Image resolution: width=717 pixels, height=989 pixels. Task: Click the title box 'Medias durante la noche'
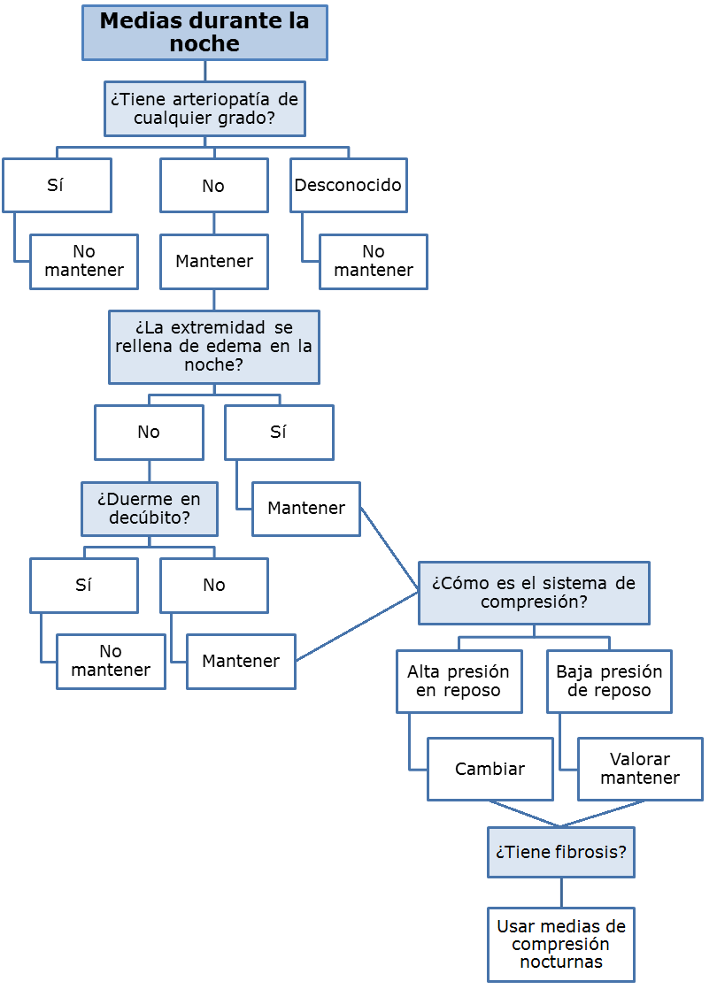pyautogui.click(x=204, y=33)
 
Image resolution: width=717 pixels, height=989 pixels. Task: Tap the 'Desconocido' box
pyautogui.click(x=348, y=186)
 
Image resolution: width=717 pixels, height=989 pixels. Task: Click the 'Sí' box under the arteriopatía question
pyautogui.click(x=57, y=186)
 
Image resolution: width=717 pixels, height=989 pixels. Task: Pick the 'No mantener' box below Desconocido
pyautogui.click(x=373, y=262)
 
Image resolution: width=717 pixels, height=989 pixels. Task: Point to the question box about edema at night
pyautogui.click(x=213, y=347)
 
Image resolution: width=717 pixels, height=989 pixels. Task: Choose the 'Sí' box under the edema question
pyautogui.click(x=279, y=433)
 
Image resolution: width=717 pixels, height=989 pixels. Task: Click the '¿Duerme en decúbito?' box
pyautogui.click(x=149, y=509)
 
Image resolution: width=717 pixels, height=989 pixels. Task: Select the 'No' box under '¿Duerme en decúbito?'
pyautogui.click(x=213, y=586)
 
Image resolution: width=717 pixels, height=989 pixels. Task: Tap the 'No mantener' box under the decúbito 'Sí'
pyautogui.click(x=111, y=662)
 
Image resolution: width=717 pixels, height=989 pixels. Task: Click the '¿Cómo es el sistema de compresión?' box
pyautogui.click(x=533, y=593)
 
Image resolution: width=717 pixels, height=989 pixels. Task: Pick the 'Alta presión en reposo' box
pyautogui.click(x=459, y=681)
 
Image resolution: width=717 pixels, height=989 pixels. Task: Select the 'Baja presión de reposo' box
pyautogui.click(x=609, y=681)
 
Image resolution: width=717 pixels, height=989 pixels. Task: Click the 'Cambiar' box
pyautogui.click(x=490, y=770)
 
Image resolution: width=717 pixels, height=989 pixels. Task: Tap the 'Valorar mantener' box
pyautogui.click(x=640, y=770)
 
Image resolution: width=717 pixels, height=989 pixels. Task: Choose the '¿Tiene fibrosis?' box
pyautogui.click(x=560, y=853)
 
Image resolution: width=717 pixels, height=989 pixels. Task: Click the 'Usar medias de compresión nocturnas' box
pyautogui.click(x=560, y=945)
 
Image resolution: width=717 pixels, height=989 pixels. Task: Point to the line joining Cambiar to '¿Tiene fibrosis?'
pyautogui.click(x=524, y=814)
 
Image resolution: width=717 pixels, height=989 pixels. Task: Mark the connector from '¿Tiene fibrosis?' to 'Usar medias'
pyautogui.click(x=561, y=893)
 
